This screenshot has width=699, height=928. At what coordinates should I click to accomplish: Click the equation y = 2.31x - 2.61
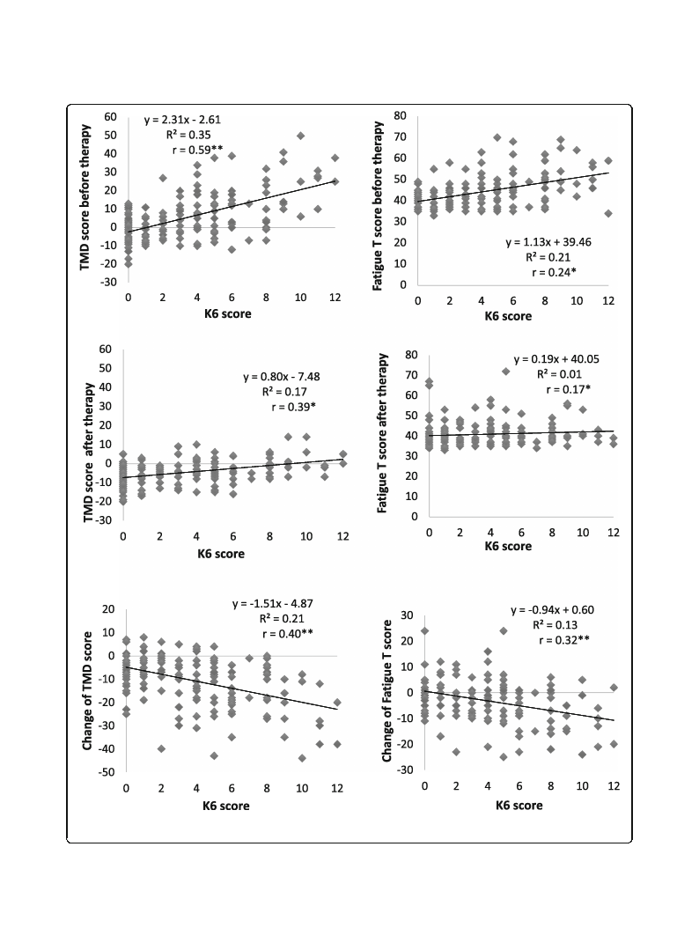click(182, 120)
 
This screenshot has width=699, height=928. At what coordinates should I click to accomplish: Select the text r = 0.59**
click(198, 151)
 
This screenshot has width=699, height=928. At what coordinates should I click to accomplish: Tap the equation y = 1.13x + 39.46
click(548, 242)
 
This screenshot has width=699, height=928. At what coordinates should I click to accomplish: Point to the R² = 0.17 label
click(284, 392)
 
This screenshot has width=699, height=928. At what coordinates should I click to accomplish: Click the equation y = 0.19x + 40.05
click(556, 359)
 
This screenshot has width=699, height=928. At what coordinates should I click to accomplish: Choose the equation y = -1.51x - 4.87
click(272, 604)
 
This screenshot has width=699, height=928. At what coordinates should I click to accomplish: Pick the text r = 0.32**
click(564, 640)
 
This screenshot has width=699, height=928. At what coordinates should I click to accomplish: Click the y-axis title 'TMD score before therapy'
click(85, 197)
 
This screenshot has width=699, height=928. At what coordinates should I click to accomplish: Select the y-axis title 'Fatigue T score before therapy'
click(378, 206)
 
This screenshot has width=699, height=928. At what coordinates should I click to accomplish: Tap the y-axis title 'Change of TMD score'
click(88, 690)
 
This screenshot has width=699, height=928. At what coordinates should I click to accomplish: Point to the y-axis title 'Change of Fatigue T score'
click(387, 691)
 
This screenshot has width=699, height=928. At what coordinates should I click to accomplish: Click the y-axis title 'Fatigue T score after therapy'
click(382, 432)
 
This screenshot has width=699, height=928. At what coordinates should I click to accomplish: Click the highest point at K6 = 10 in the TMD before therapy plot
click(301, 136)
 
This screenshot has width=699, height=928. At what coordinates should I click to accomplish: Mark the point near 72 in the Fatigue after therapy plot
click(505, 372)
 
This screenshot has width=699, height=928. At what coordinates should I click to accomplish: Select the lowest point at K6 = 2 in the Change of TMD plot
click(161, 748)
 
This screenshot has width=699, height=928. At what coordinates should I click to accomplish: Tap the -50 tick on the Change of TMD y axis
click(107, 772)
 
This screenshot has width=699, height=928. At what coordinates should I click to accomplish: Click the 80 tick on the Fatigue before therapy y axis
click(400, 115)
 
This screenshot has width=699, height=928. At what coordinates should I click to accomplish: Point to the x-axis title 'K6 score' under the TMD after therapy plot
click(221, 554)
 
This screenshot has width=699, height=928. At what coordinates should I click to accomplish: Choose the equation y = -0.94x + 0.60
click(552, 610)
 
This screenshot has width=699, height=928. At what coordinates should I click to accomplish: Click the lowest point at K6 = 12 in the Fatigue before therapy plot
click(608, 213)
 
